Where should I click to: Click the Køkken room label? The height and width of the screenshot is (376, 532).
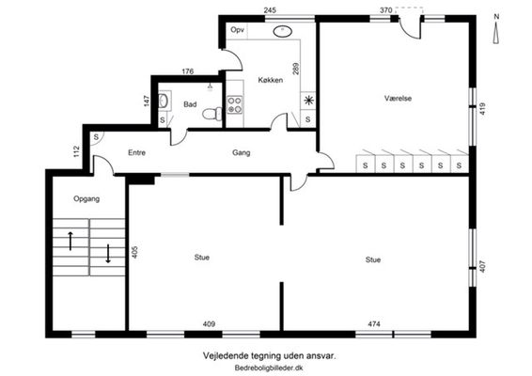tap(271, 80)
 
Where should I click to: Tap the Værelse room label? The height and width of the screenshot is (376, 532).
tap(398, 99)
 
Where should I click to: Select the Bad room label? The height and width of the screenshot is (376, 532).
tap(190, 104)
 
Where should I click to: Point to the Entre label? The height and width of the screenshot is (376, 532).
tap(136, 152)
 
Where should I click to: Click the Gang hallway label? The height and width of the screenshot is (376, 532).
tap(242, 152)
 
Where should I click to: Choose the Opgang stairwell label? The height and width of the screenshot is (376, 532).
tap(86, 198)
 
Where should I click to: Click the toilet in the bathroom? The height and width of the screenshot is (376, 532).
tap(212, 114)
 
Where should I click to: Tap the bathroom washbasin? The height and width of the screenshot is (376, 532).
tap(164, 100)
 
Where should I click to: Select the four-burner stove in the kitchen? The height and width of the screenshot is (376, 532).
tap(234, 105)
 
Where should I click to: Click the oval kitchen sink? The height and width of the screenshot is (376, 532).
tap(283, 32)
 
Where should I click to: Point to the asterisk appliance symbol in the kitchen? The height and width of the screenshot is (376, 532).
tap(308, 101)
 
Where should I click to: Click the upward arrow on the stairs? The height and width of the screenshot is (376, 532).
tap(70, 241)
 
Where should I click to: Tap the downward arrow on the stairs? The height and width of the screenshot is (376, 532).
tap(108, 254)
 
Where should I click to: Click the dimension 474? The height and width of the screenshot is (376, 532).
tap(374, 324)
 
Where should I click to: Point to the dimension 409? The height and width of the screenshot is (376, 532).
tap(209, 324)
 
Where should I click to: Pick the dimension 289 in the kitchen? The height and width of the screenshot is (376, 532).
tap(296, 69)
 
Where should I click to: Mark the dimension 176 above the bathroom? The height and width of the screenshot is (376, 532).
tap(188, 71)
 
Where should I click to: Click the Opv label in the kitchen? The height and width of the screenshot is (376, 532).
tap(237, 30)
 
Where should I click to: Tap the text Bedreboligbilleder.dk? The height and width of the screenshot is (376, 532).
tap(269, 368)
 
